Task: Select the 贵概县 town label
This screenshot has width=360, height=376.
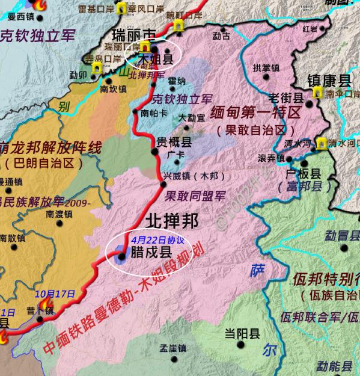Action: point(174,143)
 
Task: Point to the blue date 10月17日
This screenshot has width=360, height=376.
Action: point(55,294)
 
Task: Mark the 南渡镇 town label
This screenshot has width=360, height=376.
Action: point(59,213)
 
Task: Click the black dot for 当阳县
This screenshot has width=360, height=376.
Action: point(242,345)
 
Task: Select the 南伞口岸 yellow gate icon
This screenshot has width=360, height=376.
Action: point(317,93)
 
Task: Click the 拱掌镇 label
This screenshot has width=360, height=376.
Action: point(266,68)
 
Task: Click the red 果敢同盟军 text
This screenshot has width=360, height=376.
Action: point(195,196)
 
